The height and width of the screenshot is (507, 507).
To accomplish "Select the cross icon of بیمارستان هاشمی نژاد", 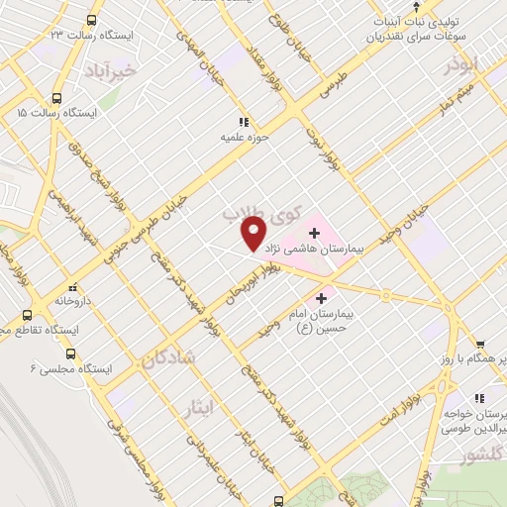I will tap(315, 234).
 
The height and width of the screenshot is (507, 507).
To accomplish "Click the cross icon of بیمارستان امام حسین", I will tap(322, 297).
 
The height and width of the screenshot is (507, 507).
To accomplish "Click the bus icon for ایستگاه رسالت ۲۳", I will tap(92, 20).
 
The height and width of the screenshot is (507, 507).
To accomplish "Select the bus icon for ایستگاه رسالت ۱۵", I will tap(56, 98).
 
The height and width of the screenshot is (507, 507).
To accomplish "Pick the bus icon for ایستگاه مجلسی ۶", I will tap(70, 353).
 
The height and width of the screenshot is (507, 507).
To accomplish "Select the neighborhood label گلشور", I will tap(481, 456).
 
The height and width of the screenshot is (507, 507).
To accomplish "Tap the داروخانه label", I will tap(73, 298).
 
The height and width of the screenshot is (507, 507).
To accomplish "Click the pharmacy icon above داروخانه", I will tap(72, 283).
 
